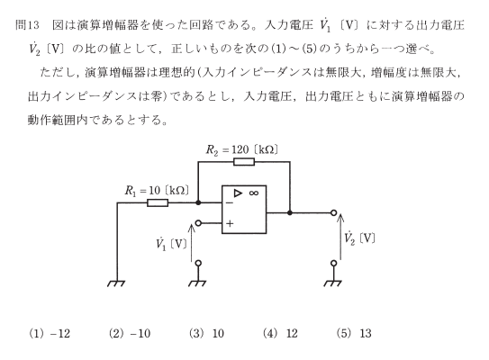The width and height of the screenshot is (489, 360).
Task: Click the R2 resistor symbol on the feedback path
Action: click(244, 162)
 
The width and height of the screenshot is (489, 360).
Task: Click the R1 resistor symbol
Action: click(158, 202)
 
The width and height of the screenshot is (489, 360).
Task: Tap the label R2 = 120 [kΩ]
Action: click(242, 150)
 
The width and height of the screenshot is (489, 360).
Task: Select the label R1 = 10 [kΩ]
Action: click(157, 191)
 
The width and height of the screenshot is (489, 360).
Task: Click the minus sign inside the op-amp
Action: click(230, 202)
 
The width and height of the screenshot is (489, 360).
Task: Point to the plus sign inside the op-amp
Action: click(230, 223)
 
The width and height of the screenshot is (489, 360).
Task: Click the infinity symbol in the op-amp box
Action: click(254, 193)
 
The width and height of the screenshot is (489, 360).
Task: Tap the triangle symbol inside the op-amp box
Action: click(238, 193)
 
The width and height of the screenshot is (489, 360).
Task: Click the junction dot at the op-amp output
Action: click(290, 213)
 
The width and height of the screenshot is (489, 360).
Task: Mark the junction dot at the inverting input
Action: click(198, 202)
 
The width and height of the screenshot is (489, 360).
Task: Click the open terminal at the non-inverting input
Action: click(198, 223)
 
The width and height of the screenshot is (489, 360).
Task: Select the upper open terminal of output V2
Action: click(334, 213)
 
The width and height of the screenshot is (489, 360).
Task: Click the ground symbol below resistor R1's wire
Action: click(116, 283)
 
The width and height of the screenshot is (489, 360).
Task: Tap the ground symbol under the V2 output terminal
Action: click(333, 283)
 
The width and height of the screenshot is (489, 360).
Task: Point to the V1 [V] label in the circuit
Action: click(171, 244)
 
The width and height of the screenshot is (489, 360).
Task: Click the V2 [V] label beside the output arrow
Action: click(359, 238)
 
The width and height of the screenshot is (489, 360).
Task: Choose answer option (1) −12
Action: click(50, 334)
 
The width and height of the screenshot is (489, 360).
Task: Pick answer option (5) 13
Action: click(354, 334)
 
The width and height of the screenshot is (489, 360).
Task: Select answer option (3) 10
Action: click(206, 334)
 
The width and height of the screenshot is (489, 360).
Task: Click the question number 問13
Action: click(27, 25)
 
